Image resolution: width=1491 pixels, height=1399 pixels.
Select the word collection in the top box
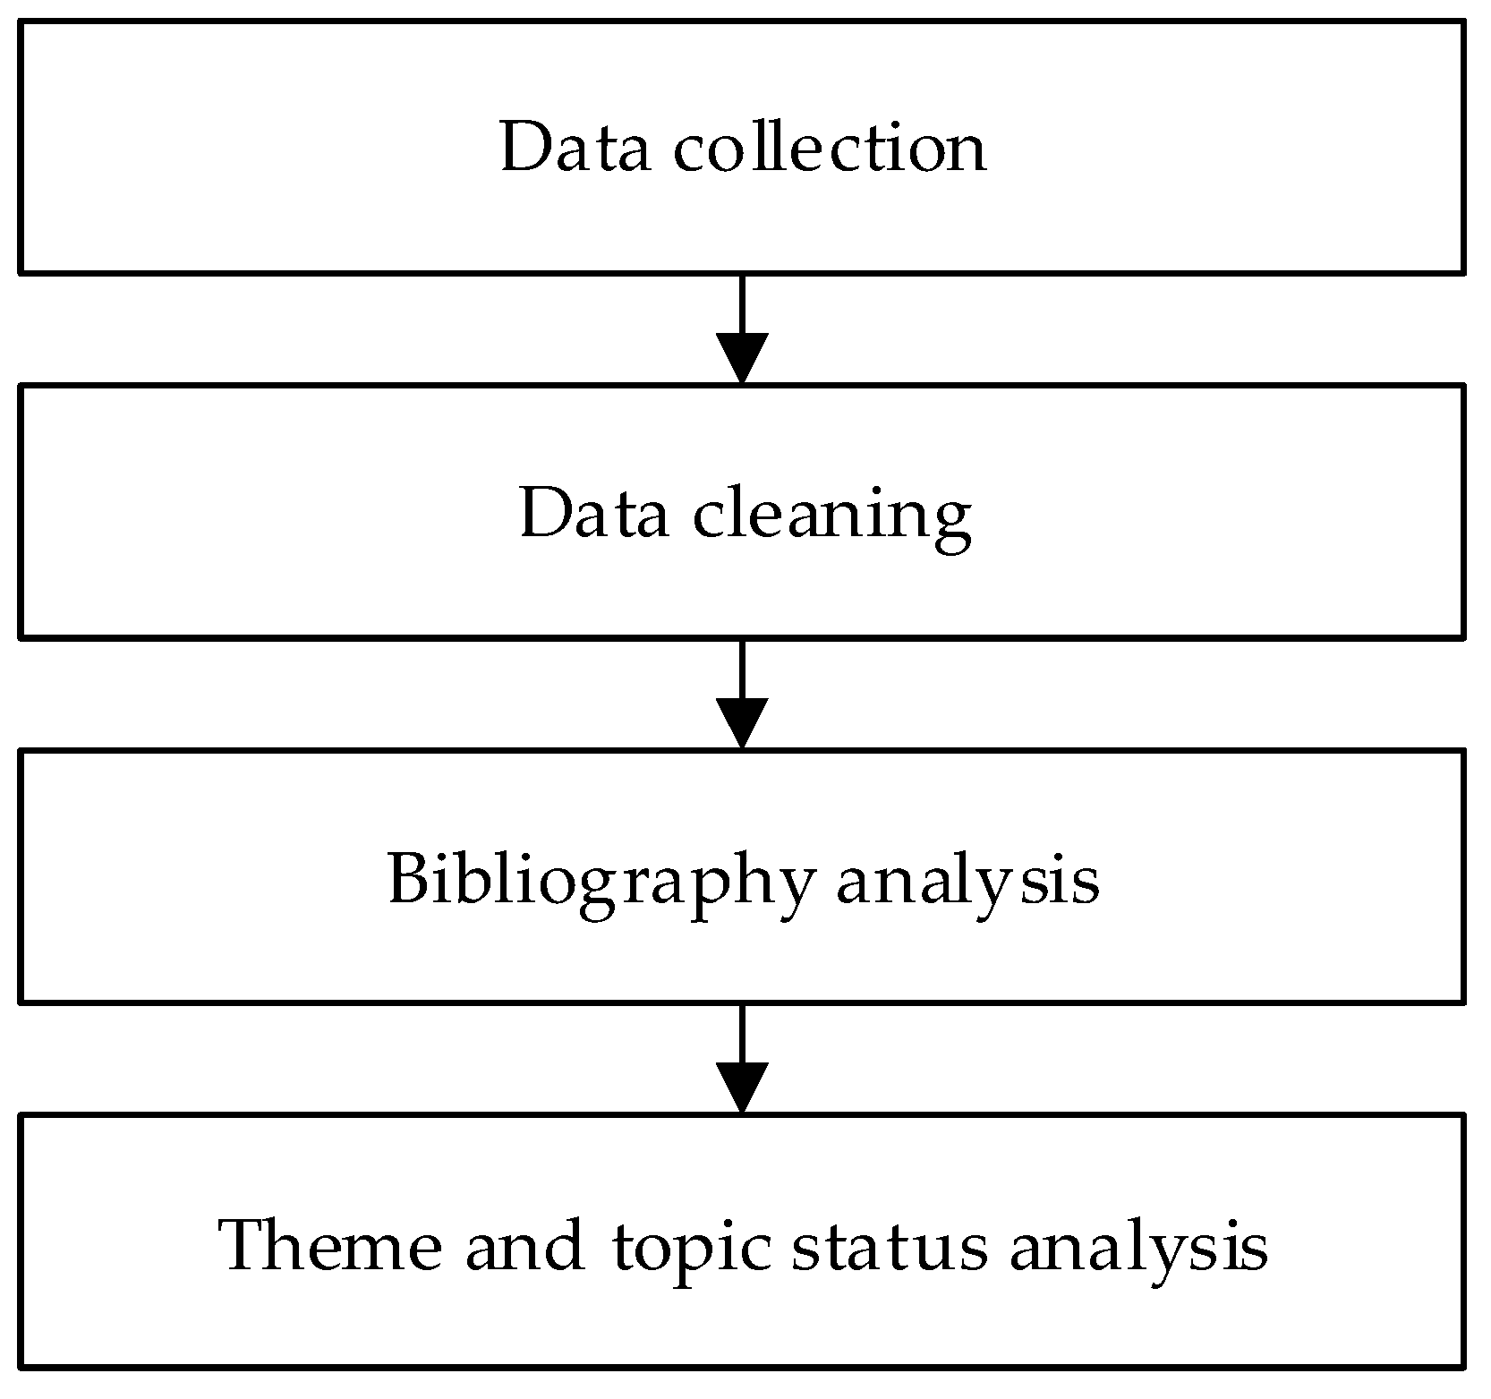830,148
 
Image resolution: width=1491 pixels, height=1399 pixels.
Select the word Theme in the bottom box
331,1245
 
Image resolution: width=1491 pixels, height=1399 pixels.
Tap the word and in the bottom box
524,1245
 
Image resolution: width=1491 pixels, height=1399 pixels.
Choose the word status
890,1245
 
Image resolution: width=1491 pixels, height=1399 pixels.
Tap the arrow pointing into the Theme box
742,1060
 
